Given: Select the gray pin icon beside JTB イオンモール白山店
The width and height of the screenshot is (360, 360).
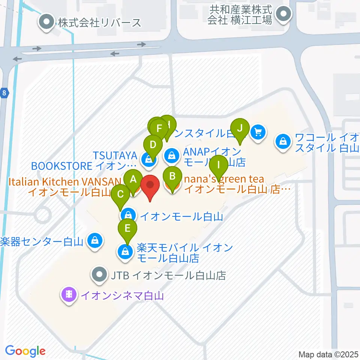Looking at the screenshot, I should point(99,276).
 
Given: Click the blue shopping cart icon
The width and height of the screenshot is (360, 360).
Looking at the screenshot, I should point(258,132).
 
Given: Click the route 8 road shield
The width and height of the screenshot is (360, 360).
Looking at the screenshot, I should point(3,93).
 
